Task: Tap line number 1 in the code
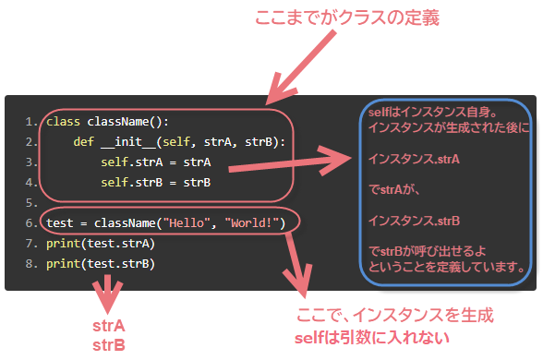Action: (x=30, y=122)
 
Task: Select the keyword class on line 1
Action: (x=64, y=122)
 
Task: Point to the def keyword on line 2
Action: (x=84, y=142)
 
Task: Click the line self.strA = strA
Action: (x=156, y=162)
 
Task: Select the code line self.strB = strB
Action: (x=156, y=183)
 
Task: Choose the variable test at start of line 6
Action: (x=60, y=223)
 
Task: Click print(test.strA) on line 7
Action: (x=100, y=244)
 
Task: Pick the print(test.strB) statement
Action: (x=100, y=264)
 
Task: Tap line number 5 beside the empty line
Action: (x=30, y=203)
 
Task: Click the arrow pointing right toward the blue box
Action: (x=286, y=161)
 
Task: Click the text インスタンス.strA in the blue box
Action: (x=414, y=160)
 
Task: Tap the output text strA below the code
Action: (x=109, y=327)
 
